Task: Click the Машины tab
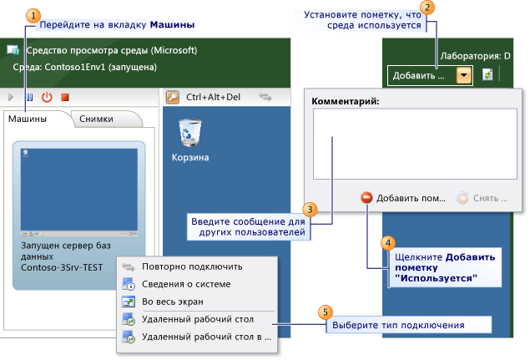click(28, 119)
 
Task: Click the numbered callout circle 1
click(32, 16)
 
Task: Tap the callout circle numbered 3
click(309, 209)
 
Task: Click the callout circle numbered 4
click(386, 243)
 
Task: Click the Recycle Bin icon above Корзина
click(190, 133)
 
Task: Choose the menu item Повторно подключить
click(192, 266)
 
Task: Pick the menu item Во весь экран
click(172, 302)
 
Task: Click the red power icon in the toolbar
click(47, 97)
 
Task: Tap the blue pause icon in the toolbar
click(29, 97)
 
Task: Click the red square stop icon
click(64, 97)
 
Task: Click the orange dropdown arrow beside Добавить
click(464, 75)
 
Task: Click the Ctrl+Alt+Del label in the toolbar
click(213, 97)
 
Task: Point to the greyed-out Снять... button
click(482, 199)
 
